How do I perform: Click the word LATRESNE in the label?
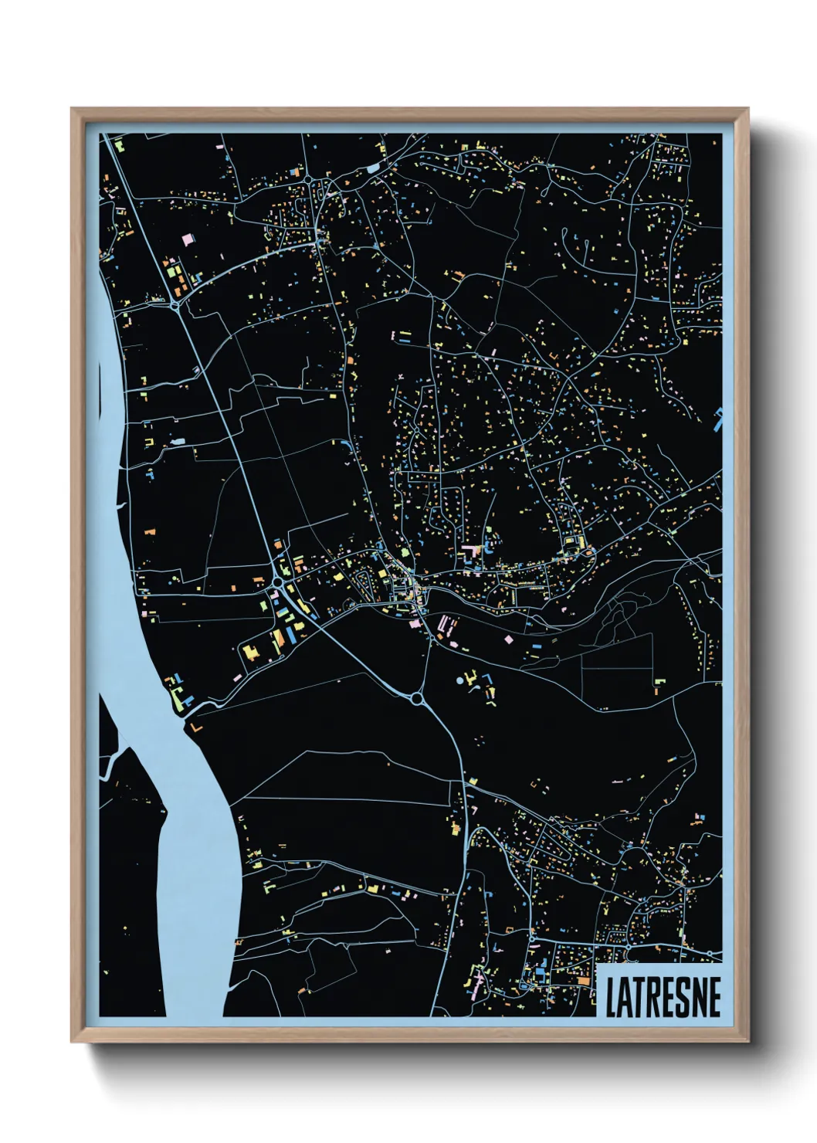click(663, 997)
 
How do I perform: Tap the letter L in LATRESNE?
click(611, 998)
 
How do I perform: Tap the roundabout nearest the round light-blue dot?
click(417, 699)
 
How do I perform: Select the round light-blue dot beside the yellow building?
click(461, 682)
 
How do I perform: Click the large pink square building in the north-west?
click(187, 240)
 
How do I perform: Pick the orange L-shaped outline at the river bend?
click(195, 727)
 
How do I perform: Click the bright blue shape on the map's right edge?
click(719, 418)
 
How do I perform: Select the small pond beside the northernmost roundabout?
click(375, 167)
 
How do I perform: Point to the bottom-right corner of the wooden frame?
click(747, 1040)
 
